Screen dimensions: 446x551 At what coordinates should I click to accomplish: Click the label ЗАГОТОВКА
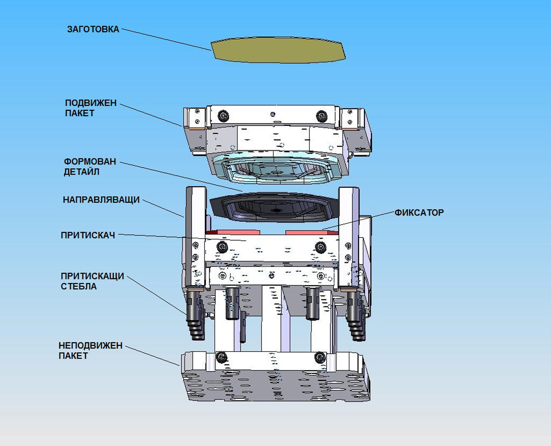93,29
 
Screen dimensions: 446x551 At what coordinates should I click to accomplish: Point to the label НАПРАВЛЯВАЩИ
101,200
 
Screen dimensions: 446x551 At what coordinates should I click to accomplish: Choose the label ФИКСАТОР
419,213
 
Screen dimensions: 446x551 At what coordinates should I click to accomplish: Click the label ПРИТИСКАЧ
87,235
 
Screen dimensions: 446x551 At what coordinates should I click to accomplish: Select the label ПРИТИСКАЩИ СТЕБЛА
92,281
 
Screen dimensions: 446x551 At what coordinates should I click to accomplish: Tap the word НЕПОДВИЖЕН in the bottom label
90,345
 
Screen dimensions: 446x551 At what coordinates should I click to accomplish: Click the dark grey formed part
271,209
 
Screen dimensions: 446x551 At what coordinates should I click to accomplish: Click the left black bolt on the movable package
224,115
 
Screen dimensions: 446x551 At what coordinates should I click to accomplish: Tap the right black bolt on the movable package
320,115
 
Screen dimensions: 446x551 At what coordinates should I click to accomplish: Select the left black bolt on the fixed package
222,357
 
